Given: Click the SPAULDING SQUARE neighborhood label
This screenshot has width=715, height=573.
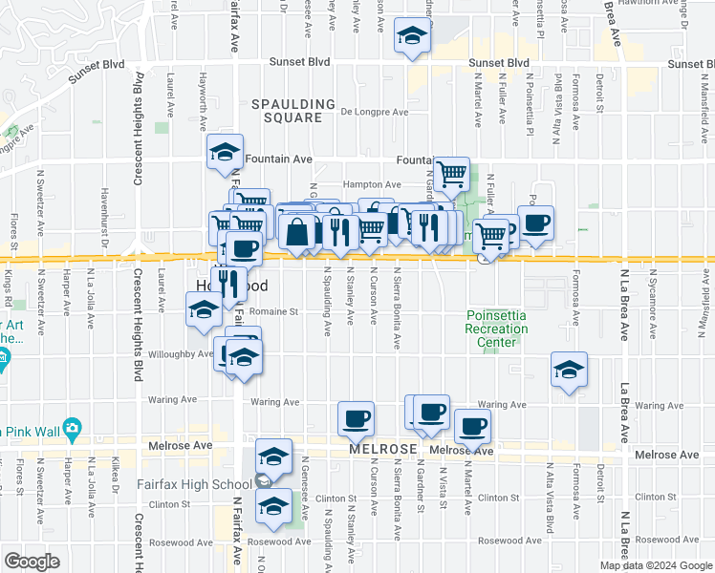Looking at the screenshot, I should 293,111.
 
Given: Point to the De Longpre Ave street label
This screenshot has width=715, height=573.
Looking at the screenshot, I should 375,112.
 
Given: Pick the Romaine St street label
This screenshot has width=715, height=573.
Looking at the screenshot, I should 274,311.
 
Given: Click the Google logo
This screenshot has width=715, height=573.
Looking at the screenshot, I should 32,561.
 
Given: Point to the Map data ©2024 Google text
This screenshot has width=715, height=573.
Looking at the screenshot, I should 655,565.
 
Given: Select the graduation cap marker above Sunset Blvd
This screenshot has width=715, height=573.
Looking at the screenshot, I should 413,36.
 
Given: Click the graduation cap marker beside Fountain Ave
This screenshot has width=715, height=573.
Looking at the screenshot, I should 225,152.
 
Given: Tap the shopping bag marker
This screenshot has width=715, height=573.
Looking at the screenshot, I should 298,231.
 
